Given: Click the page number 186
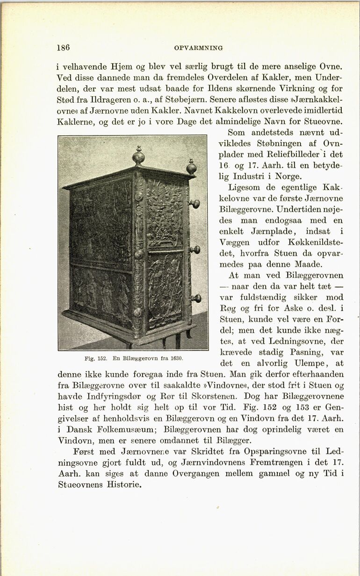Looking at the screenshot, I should [63, 47].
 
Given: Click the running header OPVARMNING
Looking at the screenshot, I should [198, 48].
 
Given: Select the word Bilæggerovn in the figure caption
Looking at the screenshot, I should [140, 358].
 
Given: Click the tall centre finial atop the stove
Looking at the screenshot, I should [138, 156].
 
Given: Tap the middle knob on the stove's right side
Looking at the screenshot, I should [194, 249].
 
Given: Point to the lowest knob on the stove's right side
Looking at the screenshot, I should [196, 298].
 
